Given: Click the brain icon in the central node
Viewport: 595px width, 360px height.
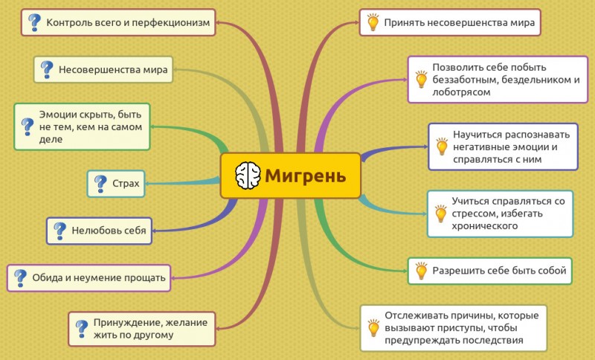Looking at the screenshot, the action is (x=248, y=176).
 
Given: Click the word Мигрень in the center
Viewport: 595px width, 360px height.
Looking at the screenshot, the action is (x=306, y=176).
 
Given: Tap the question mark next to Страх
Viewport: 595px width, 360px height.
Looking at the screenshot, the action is (x=100, y=184).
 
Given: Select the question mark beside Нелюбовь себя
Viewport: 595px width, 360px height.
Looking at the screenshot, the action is (x=60, y=231).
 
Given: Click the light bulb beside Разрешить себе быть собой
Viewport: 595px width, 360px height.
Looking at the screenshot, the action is (x=421, y=271).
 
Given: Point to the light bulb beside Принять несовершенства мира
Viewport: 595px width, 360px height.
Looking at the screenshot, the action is (x=373, y=22).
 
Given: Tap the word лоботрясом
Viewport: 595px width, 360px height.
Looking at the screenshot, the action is (x=461, y=92).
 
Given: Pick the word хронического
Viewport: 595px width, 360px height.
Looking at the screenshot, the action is (x=485, y=226).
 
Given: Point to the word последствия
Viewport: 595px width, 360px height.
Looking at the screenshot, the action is (x=498, y=340).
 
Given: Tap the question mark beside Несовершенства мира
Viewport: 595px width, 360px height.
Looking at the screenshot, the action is (x=47, y=70).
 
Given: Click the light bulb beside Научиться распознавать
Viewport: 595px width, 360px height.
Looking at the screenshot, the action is (x=442, y=147).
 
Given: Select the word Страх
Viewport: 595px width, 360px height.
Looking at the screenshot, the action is (x=126, y=184).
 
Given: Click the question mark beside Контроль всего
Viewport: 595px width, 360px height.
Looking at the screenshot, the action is (x=34, y=23).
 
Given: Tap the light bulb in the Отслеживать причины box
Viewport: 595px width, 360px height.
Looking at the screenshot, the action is (x=373, y=328).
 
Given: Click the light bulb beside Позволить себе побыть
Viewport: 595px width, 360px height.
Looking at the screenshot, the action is (x=421, y=80).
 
